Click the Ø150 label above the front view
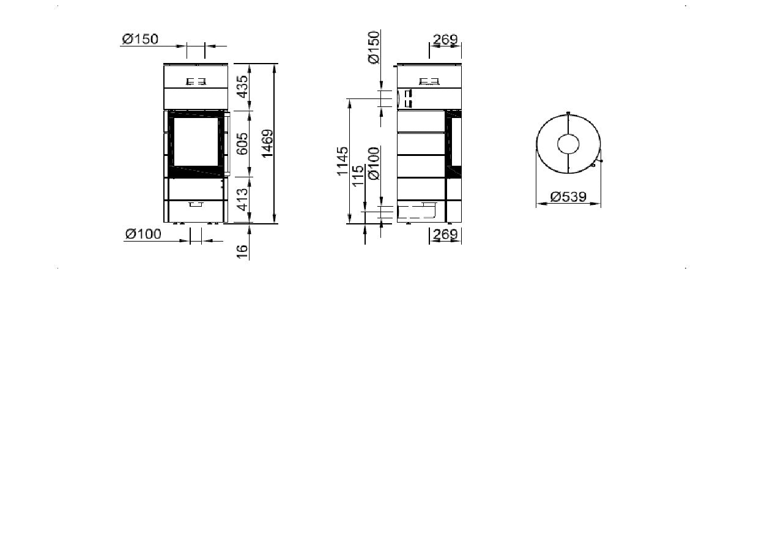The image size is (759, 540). (140, 39)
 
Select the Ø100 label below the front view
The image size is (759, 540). (143, 234)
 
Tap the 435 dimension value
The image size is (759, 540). (243, 87)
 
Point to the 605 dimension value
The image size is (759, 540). (242, 144)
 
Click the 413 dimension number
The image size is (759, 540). (243, 199)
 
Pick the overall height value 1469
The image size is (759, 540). (268, 143)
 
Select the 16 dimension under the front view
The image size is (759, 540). (242, 252)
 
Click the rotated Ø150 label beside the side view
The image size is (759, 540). (374, 47)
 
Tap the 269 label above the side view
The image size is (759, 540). (445, 40)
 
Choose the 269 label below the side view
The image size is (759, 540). (445, 234)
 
